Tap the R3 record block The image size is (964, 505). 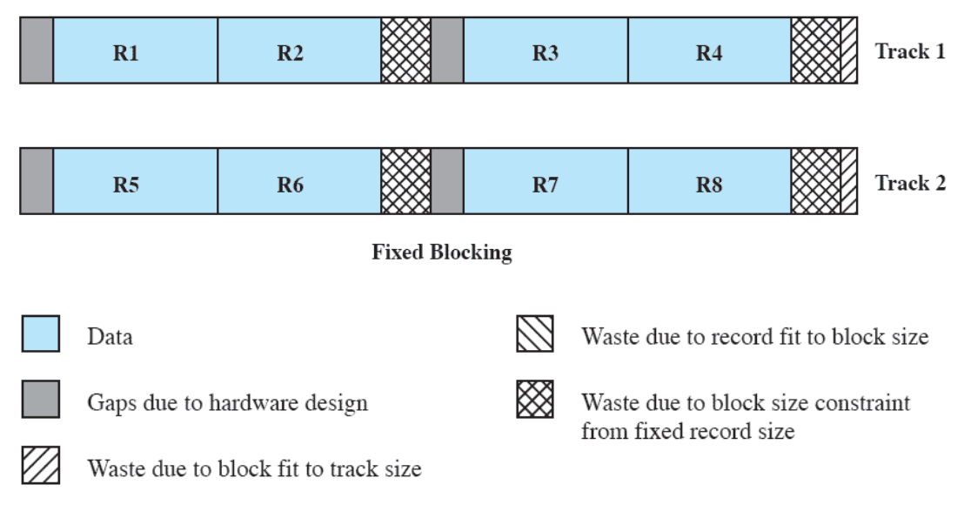click(546, 52)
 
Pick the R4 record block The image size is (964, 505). click(709, 52)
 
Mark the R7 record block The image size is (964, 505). click(546, 184)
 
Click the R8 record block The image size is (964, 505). click(709, 184)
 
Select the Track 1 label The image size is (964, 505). click(910, 51)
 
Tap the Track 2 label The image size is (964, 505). click(910, 183)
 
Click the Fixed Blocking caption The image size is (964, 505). click(442, 252)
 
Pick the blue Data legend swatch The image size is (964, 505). click(40, 335)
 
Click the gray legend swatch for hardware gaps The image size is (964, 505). click(40, 401)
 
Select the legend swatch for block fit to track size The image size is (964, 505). click(40, 468)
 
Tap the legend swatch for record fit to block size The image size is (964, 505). click(535, 335)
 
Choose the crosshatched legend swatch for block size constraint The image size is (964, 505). click(535, 401)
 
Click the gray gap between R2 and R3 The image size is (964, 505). click(447, 52)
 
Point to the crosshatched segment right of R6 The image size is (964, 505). click(406, 184)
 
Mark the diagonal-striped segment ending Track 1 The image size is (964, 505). click(849, 52)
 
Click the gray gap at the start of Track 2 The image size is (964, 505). click(37, 184)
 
